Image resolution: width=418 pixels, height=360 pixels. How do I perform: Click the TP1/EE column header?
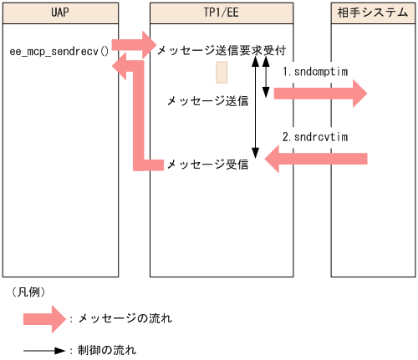point(222,13)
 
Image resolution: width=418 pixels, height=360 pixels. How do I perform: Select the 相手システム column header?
point(372,13)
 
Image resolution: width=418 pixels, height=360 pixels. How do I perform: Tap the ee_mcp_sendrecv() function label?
point(59,52)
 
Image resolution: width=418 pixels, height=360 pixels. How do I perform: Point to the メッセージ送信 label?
point(207,101)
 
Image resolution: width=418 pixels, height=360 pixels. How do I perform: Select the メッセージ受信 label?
point(207,165)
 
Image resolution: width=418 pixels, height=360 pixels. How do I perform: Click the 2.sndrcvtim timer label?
point(314,135)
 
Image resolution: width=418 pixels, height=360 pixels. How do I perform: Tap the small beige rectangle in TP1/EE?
point(222,73)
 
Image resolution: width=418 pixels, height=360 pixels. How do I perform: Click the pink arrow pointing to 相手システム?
point(322,94)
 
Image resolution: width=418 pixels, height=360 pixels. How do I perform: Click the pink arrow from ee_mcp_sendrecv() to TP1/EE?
point(133,43)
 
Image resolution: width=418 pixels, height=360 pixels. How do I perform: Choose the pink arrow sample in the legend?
point(43,318)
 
